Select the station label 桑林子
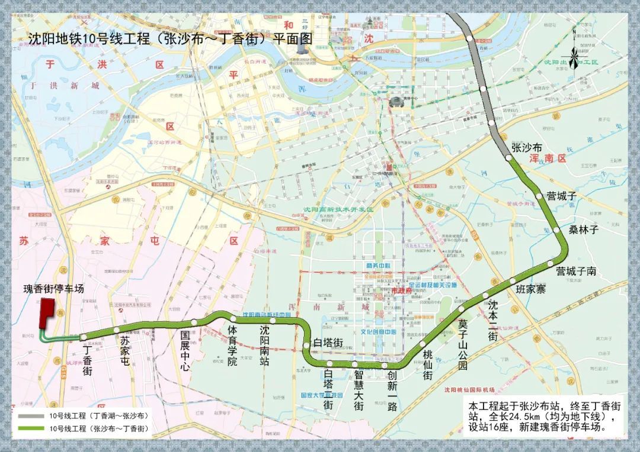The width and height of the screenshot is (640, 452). tap(584, 229)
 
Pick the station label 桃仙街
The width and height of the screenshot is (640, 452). tap(427, 364)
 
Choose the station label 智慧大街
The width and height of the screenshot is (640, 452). tap(359, 390)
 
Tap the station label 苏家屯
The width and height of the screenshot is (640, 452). tap(124, 351)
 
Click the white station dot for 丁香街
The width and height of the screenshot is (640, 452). tap(84, 337)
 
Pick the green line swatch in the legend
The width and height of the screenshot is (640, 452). tap(33, 428)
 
